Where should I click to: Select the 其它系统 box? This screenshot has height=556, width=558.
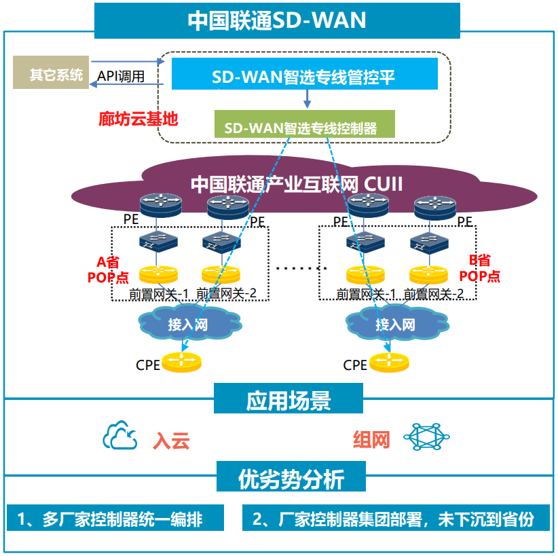coord(51,73)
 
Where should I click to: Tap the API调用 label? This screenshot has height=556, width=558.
coord(121,76)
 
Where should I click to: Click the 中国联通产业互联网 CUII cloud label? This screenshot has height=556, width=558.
coord(297,183)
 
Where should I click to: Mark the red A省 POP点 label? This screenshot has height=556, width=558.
coord(104,269)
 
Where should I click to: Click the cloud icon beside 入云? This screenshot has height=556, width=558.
coord(120,437)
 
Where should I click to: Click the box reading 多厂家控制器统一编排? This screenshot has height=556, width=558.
coord(115,519)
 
